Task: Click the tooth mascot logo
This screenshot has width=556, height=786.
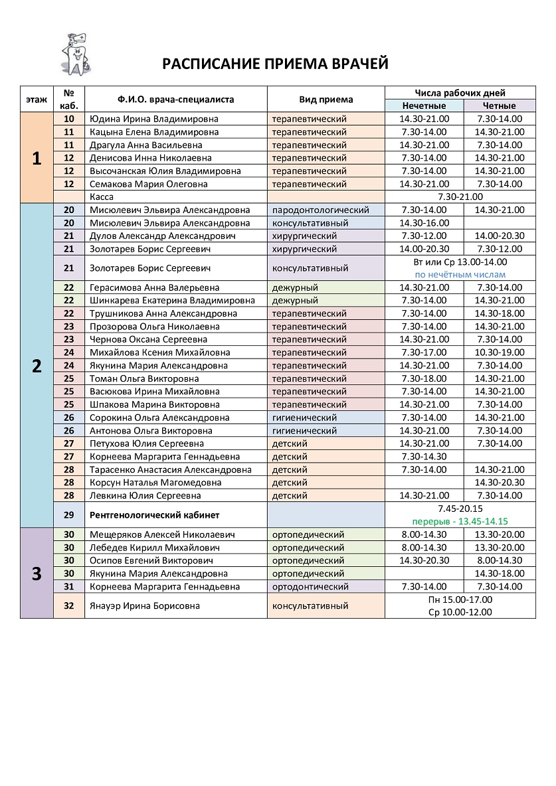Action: point(74,54)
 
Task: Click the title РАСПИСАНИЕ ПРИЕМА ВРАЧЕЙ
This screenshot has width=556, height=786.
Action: point(276,64)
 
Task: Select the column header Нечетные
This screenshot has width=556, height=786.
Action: point(424,106)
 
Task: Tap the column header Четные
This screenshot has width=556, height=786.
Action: point(500,106)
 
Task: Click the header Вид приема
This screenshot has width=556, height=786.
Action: point(326,100)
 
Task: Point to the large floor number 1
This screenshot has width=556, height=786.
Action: point(37,158)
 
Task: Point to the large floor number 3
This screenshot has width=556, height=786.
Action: point(37,574)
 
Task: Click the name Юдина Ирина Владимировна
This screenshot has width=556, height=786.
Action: point(153,119)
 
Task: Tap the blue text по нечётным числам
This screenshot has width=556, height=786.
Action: point(460,275)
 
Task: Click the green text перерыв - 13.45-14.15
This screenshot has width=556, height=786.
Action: point(460,522)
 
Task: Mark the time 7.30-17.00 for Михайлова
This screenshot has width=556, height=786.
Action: point(424,353)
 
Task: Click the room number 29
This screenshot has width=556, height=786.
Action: point(68,515)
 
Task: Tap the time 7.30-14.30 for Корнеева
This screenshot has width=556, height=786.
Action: point(424,457)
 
